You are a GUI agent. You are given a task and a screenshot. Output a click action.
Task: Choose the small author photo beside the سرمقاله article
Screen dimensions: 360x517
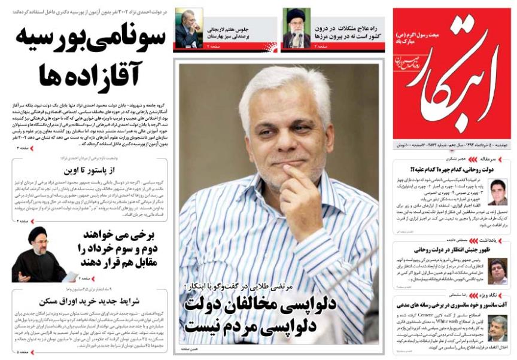498,192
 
